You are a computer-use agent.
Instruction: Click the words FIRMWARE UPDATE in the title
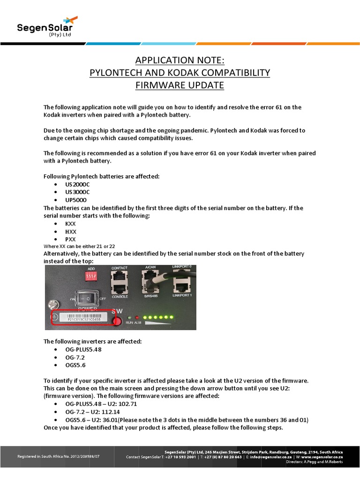pyautogui.click(x=180, y=85)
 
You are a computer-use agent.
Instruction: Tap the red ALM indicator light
pyautogui.click(x=137, y=318)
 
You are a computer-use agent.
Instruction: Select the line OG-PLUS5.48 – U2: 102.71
pyautogui.click(x=95, y=404)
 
